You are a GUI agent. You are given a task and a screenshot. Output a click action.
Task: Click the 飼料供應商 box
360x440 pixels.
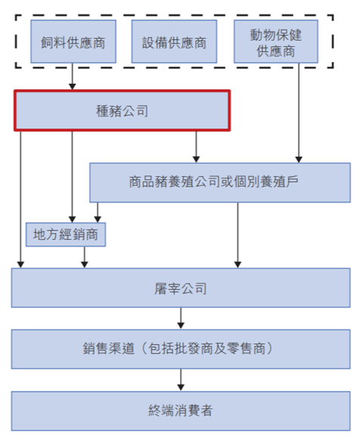[73, 42]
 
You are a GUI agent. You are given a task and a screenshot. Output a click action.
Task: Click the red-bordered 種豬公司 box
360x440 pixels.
[122, 110]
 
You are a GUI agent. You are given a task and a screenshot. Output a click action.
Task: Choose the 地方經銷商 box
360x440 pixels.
[66, 234]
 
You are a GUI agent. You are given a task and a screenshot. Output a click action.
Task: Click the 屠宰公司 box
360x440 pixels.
[180, 288]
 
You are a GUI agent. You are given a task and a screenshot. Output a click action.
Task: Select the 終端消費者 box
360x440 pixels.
[180, 411]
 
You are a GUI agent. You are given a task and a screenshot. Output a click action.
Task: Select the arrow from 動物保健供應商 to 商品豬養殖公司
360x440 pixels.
[301, 113]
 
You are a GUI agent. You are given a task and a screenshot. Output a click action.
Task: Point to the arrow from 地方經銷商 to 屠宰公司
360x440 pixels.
[85, 257]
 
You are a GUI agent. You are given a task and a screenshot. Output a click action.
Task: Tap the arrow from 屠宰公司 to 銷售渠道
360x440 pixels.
[180, 318]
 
